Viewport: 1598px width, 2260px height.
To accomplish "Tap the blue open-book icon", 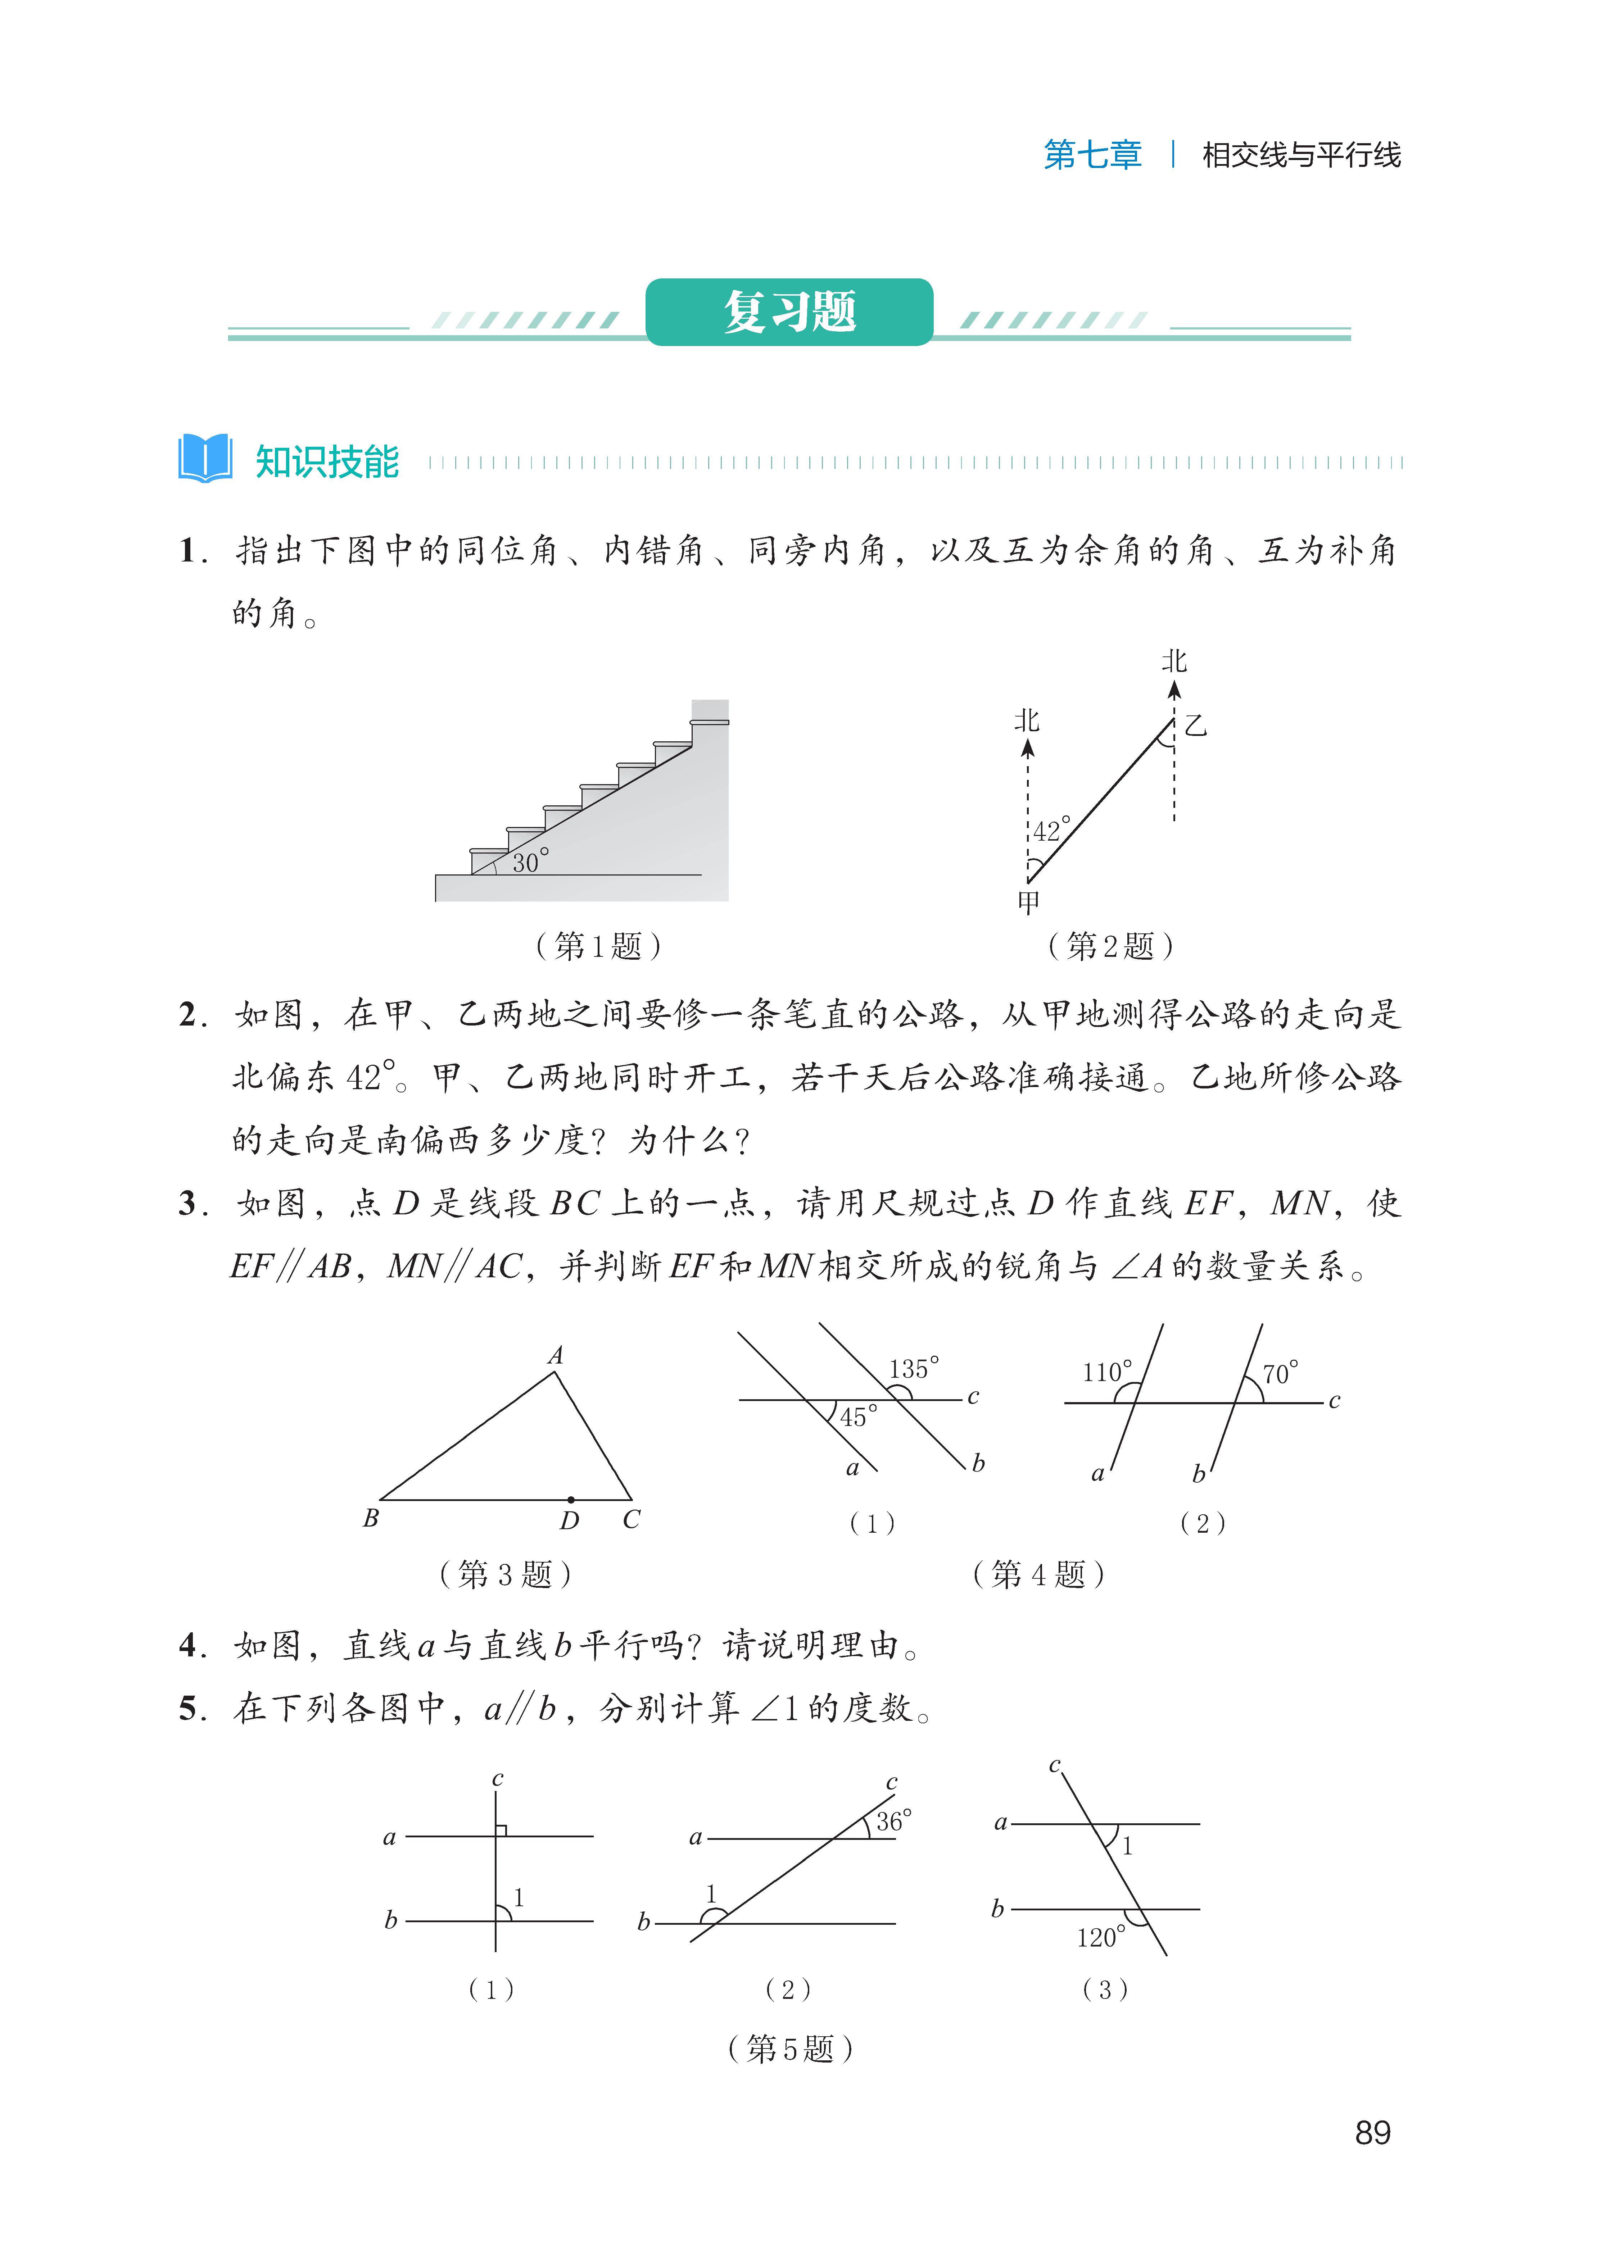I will tap(205, 459).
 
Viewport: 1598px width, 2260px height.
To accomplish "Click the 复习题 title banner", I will tap(790, 312).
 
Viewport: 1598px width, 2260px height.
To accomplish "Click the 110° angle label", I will tap(1107, 1372).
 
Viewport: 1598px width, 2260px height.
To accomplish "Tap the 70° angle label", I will tap(1280, 1373).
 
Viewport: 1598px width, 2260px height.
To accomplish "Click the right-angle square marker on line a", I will tap(501, 1830).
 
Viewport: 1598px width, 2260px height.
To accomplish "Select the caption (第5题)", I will tap(790, 2049).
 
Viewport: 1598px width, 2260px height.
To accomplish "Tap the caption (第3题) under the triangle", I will tap(505, 1574).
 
